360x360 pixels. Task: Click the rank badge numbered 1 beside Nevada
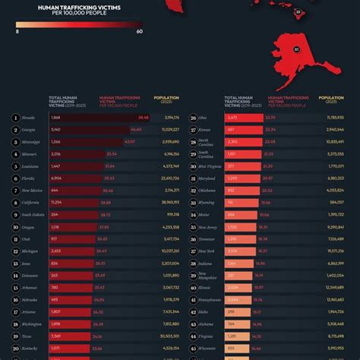[x=16, y=118]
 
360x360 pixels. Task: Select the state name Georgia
[x=30, y=130]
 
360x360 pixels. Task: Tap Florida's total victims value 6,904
[x=55, y=178]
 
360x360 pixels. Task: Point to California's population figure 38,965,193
[x=171, y=203]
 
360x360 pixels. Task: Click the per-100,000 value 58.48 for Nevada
[x=143, y=118]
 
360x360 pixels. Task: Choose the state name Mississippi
[x=33, y=142]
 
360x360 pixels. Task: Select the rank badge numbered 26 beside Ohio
[x=193, y=118]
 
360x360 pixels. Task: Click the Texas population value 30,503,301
[x=171, y=336]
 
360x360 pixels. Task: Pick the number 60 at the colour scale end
[x=140, y=32]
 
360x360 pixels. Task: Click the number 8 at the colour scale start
[x=17, y=32]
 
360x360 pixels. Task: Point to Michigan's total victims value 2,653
[x=55, y=251]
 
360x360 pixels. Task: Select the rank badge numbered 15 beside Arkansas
[x=16, y=287]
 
